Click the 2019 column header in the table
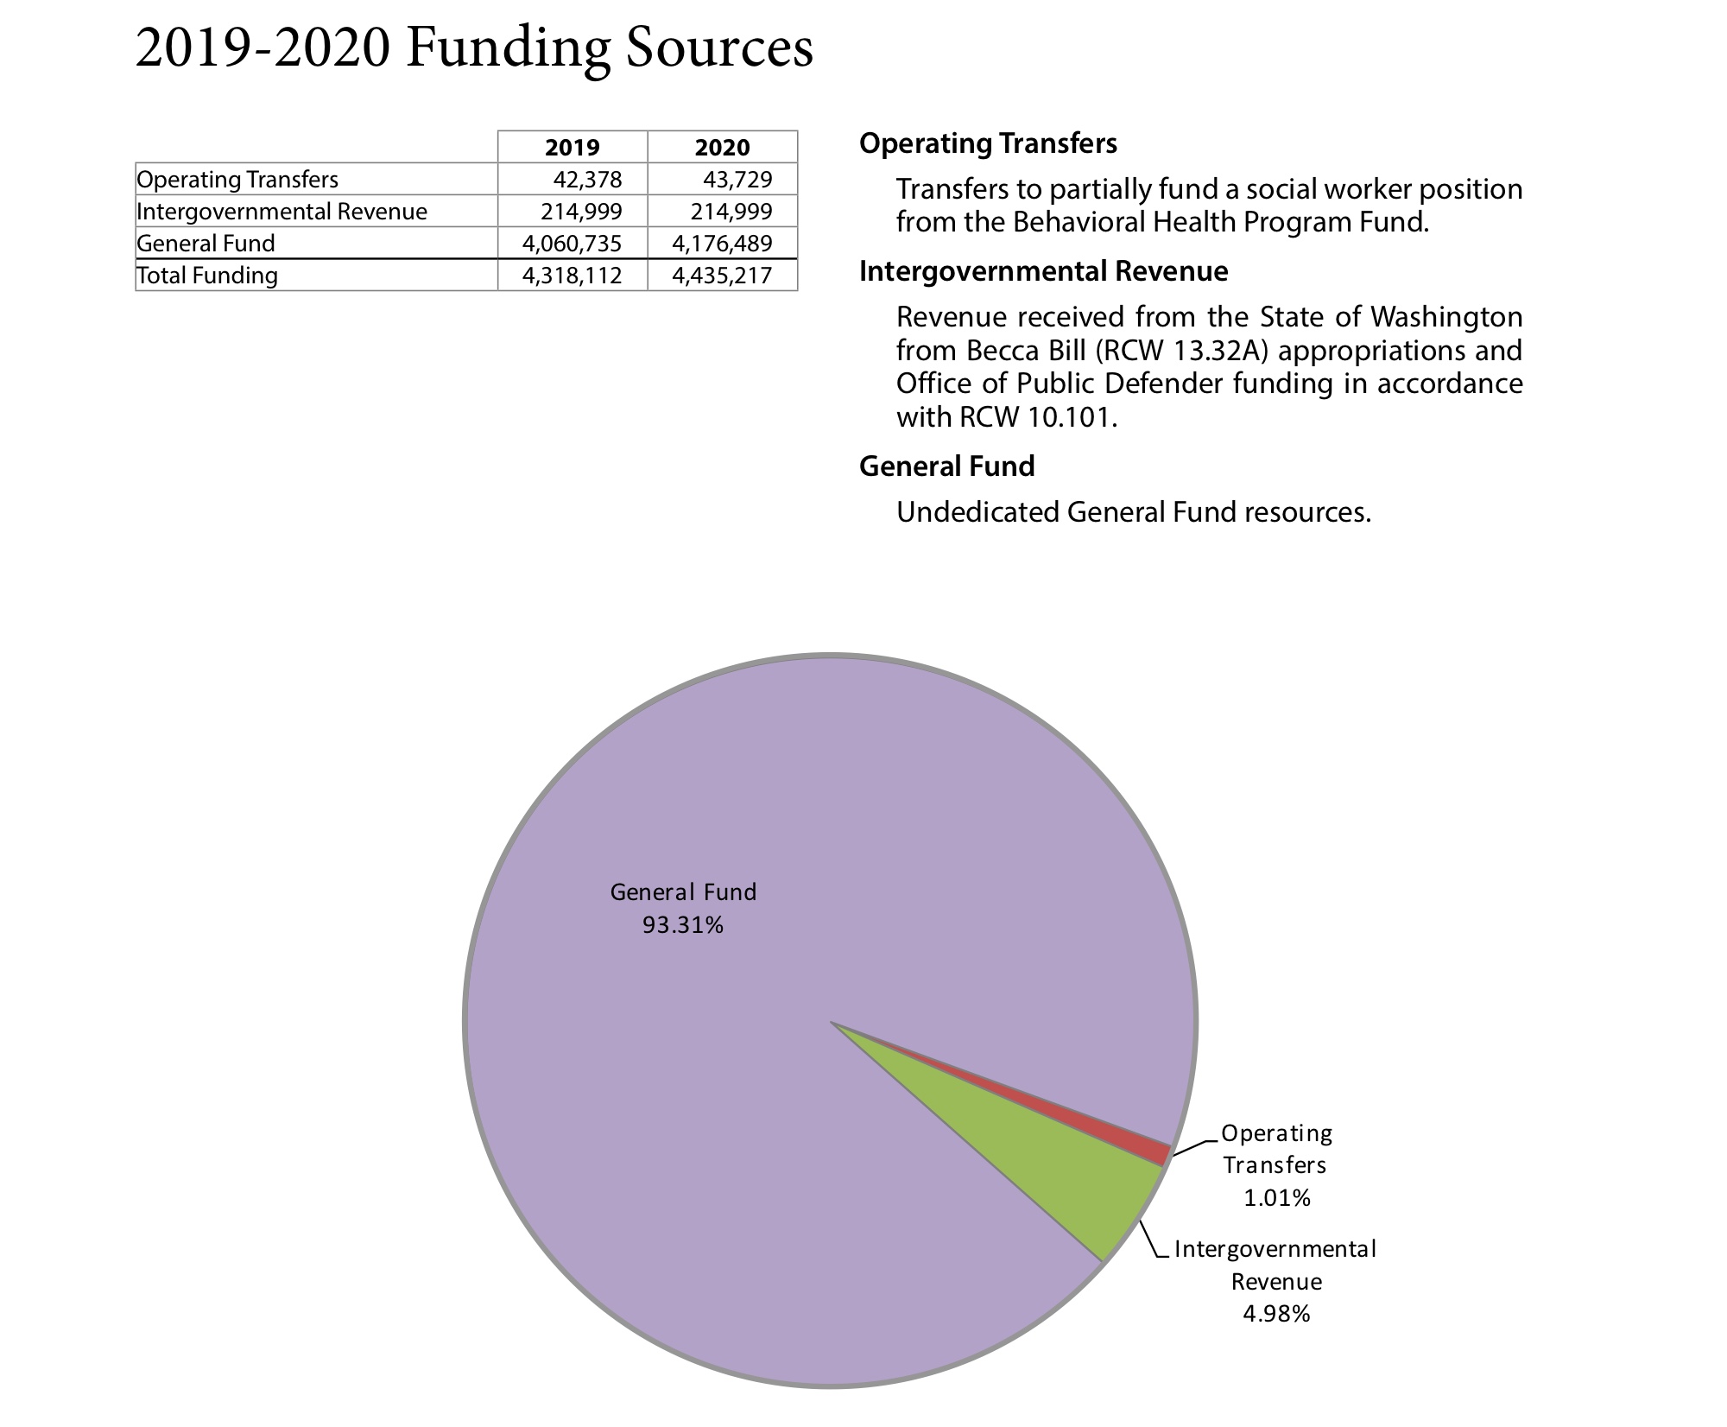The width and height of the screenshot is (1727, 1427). click(x=572, y=147)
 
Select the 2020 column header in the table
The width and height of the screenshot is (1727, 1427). click(x=722, y=147)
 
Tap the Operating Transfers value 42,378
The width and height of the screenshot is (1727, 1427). click(x=587, y=180)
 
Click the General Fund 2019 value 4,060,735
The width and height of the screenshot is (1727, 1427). click(x=572, y=244)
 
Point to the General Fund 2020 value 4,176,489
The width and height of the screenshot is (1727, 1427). click(x=722, y=244)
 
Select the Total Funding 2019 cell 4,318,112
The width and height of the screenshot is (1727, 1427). click(x=572, y=276)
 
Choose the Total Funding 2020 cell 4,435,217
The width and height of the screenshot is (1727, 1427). click(x=722, y=276)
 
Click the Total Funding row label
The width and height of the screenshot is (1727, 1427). click(x=207, y=276)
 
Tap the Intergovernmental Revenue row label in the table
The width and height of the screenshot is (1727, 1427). click(x=282, y=212)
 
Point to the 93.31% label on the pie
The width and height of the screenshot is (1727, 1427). click(x=682, y=925)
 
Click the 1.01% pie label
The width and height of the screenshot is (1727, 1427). click(x=1276, y=1198)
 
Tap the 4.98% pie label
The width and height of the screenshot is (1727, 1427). click(x=1276, y=1314)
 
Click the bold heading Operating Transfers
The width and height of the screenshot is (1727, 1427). click(x=988, y=143)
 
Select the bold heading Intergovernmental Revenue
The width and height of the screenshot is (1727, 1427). click(x=1043, y=271)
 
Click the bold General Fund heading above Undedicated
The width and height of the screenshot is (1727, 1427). click(x=946, y=466)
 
